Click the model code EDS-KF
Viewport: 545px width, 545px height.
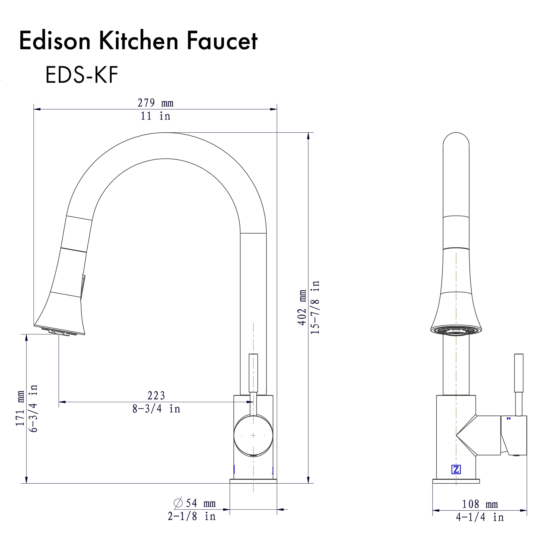[x=82, y=75]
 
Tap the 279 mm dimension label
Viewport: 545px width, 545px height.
[x=156, y=103]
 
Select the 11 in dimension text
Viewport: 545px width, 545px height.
[x=156, y=116]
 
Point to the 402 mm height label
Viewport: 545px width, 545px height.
[x=302, y=308]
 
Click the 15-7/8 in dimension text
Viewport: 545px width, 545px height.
[x=315, y=308]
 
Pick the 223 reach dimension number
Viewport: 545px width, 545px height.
[x=156, y=396]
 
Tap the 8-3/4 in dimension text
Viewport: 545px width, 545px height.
[x=156, y=409]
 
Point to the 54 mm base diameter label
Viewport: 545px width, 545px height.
[x=201, y=503]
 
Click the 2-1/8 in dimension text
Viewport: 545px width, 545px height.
[x=192, y=516]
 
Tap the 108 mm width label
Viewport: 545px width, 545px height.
[x=480, y=504]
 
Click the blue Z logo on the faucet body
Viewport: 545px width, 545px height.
[x=456, y=469]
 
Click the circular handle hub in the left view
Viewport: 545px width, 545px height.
[x=253, y=436]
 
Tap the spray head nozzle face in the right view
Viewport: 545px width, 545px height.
[x=456, y=331]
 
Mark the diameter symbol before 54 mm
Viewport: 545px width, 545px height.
[x=178, y=503]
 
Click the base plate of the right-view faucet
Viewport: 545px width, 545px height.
[x=456, y=481]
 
